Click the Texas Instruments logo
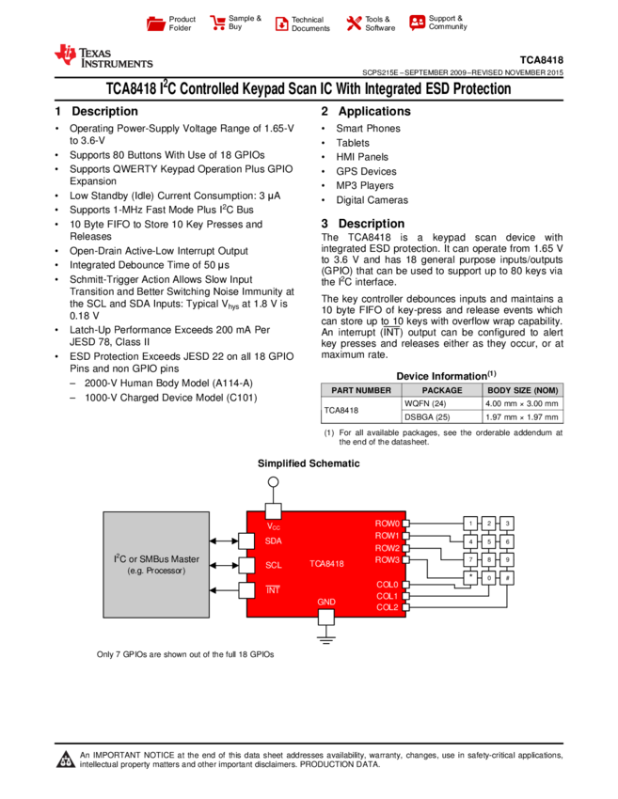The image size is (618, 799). [x=104, y=56]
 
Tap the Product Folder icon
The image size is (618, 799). [x=155, y=23]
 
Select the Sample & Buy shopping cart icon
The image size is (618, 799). [x=217, y=23]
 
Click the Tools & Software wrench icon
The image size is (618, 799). [x=354, y=23]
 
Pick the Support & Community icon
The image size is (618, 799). [x=417, y=23]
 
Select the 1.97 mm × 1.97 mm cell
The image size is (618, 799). [x=523, y=416]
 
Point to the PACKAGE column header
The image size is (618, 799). [x=442, y=390]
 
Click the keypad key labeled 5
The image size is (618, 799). [x=488, y=541]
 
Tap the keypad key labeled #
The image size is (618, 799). [x=507, y=578]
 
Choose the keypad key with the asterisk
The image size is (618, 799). [x=470, y=578]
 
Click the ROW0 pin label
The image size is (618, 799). [x=387, y=524]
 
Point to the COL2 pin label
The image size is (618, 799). [x=387, y=607]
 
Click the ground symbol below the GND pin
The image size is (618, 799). [x=325, y=639]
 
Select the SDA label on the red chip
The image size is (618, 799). [x=274, y=540]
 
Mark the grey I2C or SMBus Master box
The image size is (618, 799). [x=156, y=565]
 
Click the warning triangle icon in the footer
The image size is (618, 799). [x=65, y=760]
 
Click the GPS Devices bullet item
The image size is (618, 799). [x=366, y=172]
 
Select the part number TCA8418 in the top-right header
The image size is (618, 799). [x=542, y=60]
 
